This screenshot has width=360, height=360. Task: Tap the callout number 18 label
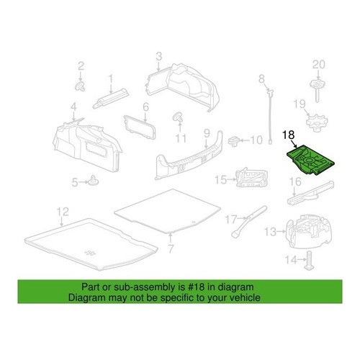(289, 135)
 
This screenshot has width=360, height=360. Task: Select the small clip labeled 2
(81, 86)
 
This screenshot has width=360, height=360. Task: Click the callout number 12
(63, 212)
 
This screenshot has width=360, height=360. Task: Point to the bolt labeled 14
(309, 261)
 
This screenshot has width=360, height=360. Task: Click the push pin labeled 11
(178, 117)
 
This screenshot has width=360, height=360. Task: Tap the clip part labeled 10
(234, 140)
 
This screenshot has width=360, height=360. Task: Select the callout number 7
(171, 248)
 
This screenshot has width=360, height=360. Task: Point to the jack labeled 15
(251, 178)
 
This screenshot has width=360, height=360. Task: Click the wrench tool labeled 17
(248, 221)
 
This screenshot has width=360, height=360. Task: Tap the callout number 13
(270, 232)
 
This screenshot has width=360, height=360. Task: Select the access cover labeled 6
(140, 127)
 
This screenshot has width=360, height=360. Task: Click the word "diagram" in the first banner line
(235, 287)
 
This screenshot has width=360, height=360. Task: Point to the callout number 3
(159, 57)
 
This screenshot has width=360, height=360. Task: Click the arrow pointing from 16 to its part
(294, 192)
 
